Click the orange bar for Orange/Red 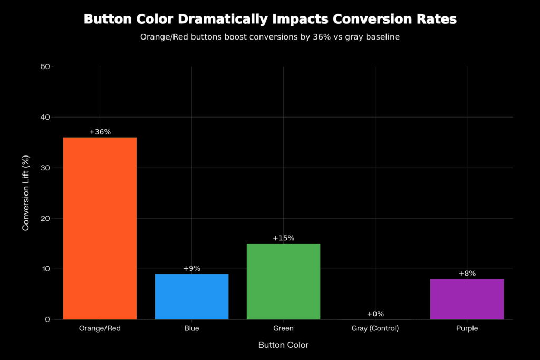[x=100, y=228]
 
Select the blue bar [x=191, y=296]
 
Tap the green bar [x=283, y=281]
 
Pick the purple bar [x=467, y=299]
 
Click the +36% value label [x=100, y=132]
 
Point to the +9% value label [x=191, y=268]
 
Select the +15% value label [x=283, y=238]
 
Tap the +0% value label [x=375, y=314]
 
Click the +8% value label [x=467, y=274]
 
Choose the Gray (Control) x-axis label [x=375, y=328]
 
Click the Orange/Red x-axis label [x=100, y=328]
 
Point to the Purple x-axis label [x=467, y=328]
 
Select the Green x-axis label [x=283, y=328]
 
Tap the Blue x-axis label [x=191, y=328]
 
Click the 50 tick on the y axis [x=45, y=66]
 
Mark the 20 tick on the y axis [x=45, y=218]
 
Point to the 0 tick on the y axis [x=47, y=319]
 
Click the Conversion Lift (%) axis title [x=26, y=193]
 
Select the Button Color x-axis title [x=283, y=345]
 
